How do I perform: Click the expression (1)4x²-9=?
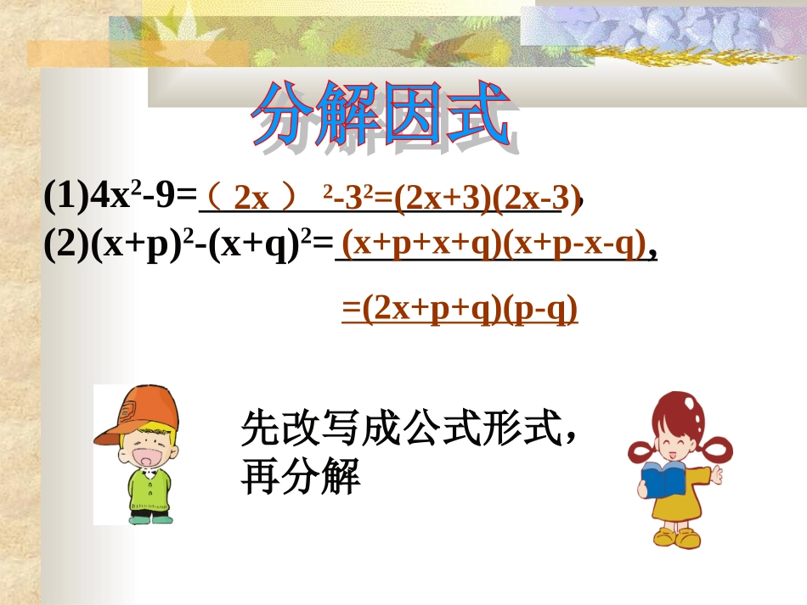point(120,196)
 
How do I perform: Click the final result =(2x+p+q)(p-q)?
point(460,311)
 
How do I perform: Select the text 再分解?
point(302,478)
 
